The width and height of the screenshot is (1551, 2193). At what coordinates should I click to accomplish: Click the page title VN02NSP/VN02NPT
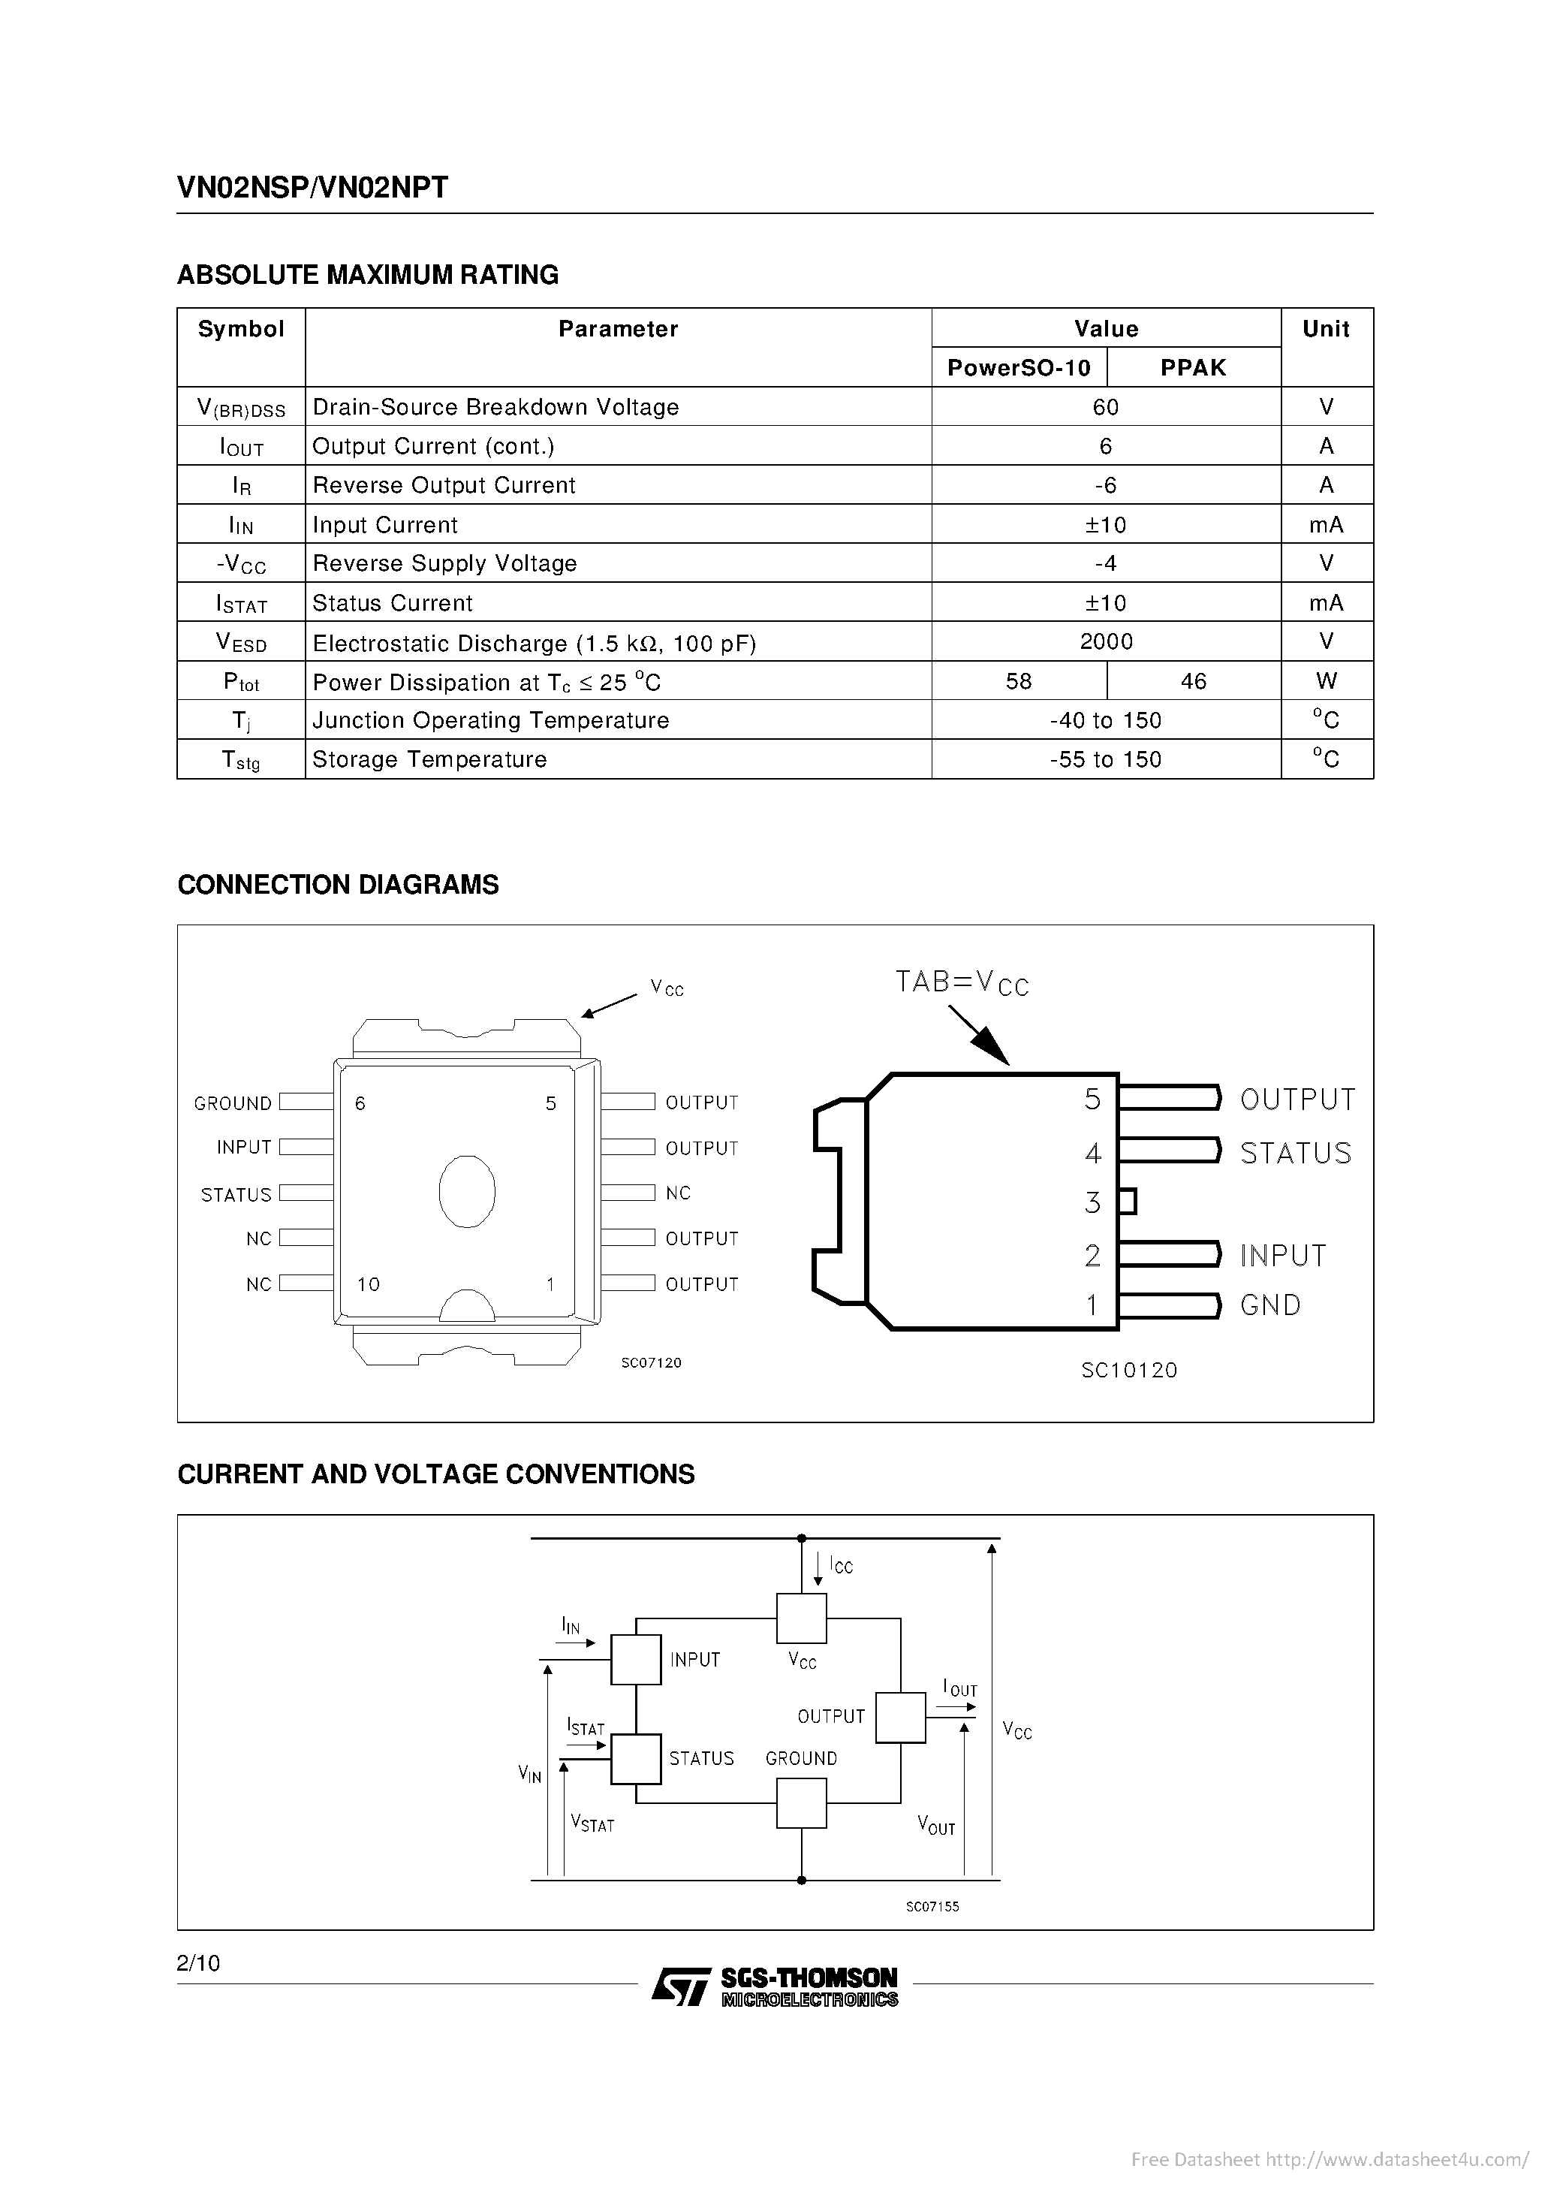click(x=312, y=187)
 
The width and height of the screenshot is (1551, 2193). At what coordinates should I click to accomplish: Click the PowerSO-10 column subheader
click(x=1018, y=368)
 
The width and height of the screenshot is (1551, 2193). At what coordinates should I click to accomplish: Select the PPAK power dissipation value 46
click(x=1193, y=681)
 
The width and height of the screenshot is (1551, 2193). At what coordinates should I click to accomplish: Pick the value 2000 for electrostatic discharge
click(x=1105, y=642)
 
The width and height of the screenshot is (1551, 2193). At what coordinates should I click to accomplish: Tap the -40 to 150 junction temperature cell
click(x=1105, y=720)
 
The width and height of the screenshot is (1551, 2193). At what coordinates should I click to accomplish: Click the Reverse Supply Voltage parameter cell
click(x=445, y=563)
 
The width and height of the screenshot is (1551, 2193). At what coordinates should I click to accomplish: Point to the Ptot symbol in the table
click(x=241, y=682)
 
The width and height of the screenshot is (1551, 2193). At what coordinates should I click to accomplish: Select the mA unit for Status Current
click(x=1326, y=602)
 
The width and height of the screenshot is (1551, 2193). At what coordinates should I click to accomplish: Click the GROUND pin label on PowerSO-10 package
click(x=232, y=1103)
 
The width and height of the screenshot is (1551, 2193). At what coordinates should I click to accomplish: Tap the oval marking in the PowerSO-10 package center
click(x=467, y=1191)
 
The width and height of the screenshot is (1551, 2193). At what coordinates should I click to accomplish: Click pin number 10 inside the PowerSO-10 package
click(x=369, y=1285)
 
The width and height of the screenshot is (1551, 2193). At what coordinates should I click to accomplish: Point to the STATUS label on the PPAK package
click(x=1295, y=1153)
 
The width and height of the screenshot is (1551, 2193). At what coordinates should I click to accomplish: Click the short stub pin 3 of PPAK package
click(x=1127, y=1202)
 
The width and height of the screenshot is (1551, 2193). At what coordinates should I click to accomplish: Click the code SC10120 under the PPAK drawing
click(x=1129, y=1371)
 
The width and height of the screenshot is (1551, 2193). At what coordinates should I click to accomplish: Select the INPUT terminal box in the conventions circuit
click(x=635, y=1659)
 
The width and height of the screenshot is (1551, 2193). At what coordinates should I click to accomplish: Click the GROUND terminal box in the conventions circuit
click(x=800, y=1803)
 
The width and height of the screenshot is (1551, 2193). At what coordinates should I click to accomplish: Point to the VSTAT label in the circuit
click(x=592, y=1823)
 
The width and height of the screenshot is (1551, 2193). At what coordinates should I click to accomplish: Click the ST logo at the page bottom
click(x=681, y=1986)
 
